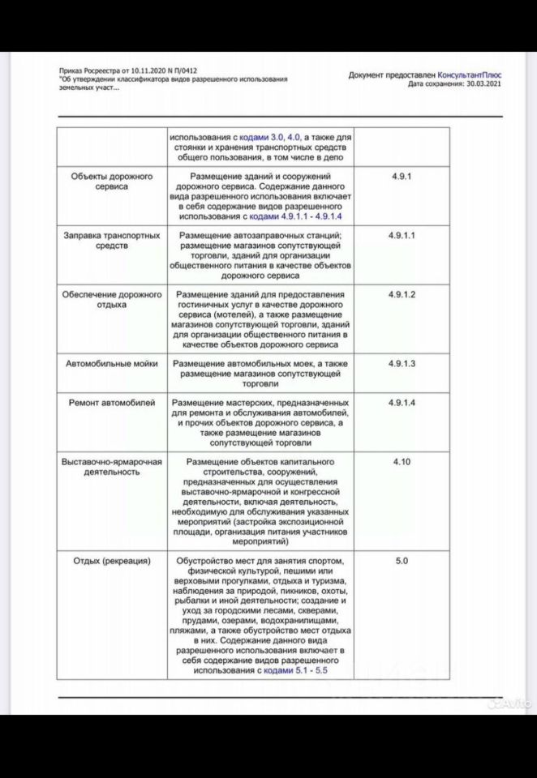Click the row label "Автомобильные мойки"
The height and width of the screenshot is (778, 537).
point(112,364)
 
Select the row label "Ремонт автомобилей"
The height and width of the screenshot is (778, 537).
point(112,403)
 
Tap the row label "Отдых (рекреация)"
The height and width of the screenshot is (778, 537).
point(112,561)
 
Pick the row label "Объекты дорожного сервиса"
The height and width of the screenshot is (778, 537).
point(112,181)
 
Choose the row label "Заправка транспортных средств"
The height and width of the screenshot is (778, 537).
point(112,240)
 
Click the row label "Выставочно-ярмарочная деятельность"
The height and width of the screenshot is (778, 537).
point(112,466)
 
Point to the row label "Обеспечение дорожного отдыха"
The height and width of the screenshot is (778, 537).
point(112,299)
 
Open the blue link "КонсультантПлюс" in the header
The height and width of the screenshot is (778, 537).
point(467,75)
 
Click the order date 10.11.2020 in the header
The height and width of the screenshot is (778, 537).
point(148,71)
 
